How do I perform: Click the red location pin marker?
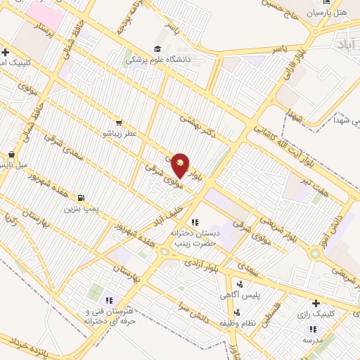181,165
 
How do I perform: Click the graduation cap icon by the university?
155,49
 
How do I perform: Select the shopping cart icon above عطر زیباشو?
117,122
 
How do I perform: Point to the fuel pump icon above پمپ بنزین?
83,198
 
